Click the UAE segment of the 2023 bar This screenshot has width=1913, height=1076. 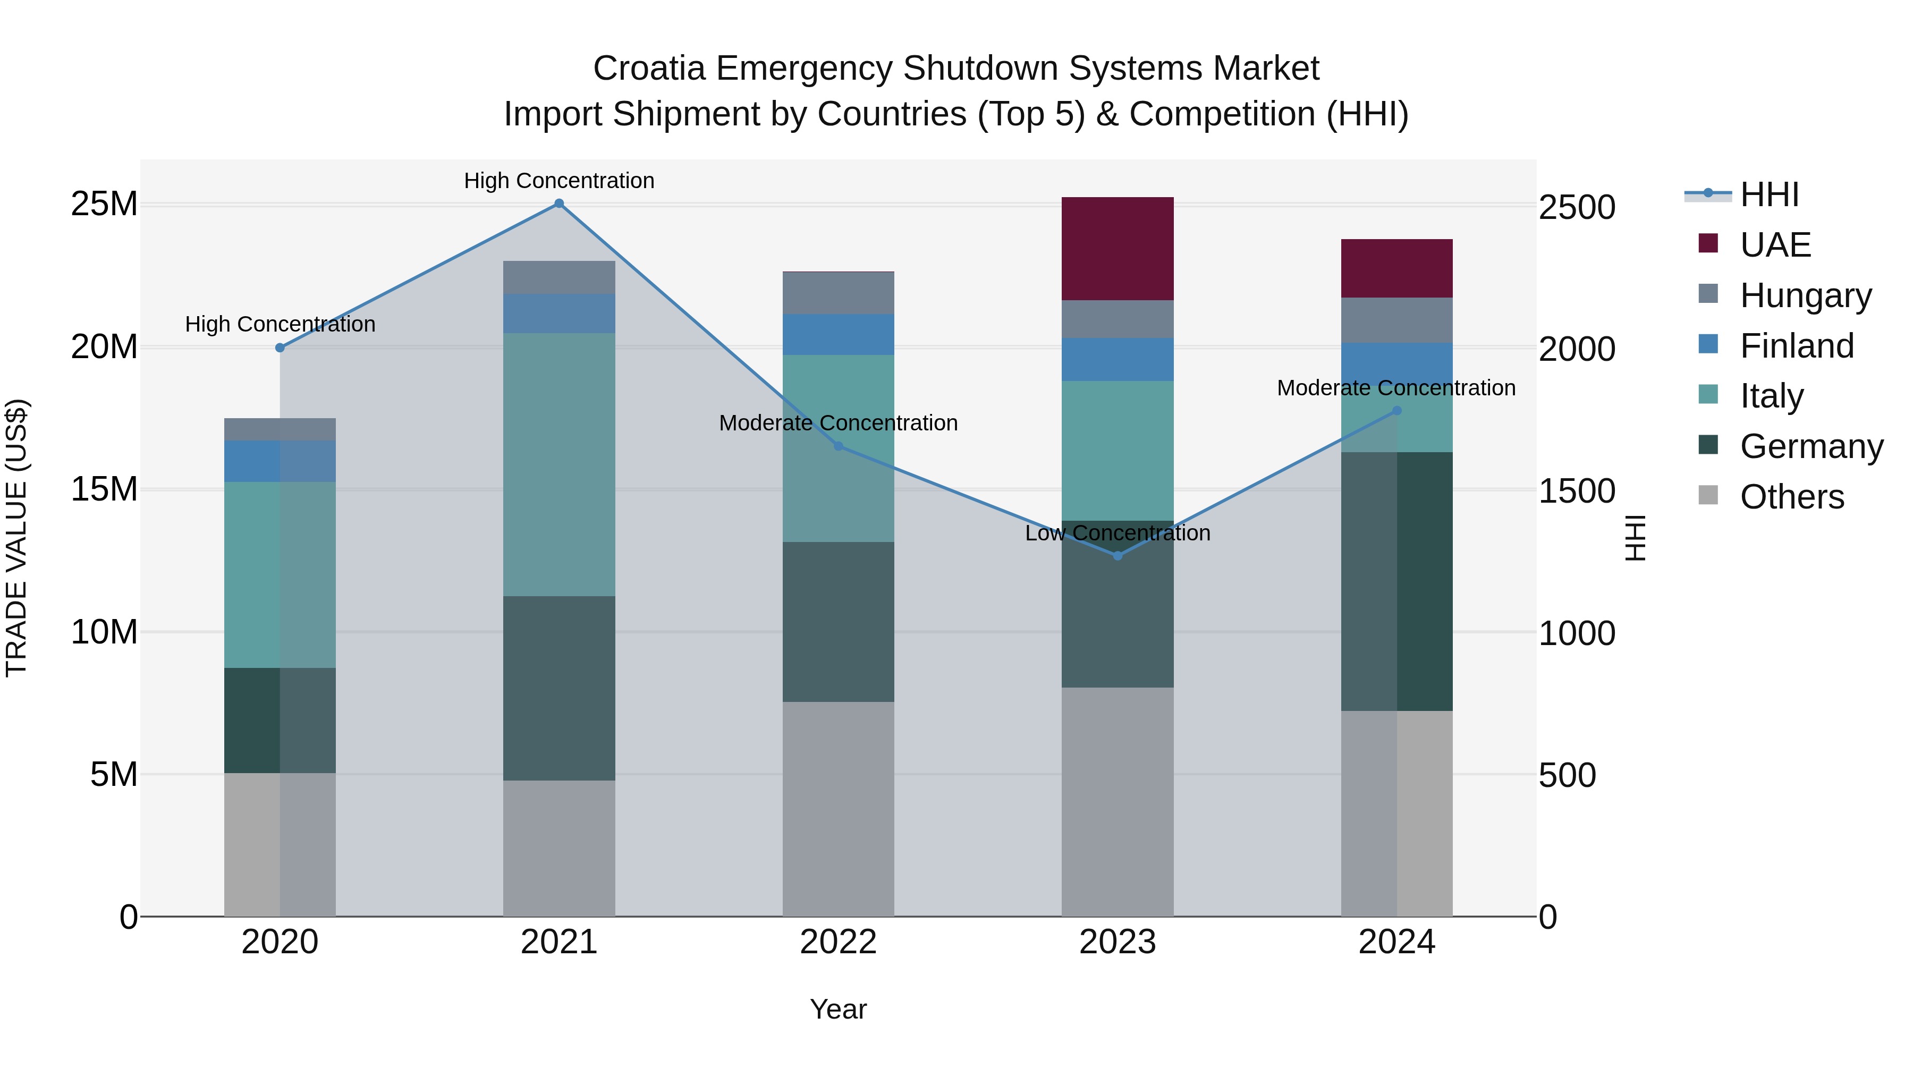pos(1117,249)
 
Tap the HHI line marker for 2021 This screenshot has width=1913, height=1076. pos(559,204)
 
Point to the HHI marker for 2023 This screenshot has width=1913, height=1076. pos(1118,555)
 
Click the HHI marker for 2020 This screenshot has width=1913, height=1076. pos(280,348)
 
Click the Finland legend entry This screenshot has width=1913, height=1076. pos(1796,346)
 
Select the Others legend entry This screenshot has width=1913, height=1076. pos(1791,497)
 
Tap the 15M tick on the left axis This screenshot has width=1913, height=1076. pos(104,489)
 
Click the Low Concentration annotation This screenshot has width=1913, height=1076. pos(1117,533)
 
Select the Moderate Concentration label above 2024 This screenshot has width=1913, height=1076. pos(1395,388)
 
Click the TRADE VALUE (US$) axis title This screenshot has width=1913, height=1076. pos(16,538)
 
